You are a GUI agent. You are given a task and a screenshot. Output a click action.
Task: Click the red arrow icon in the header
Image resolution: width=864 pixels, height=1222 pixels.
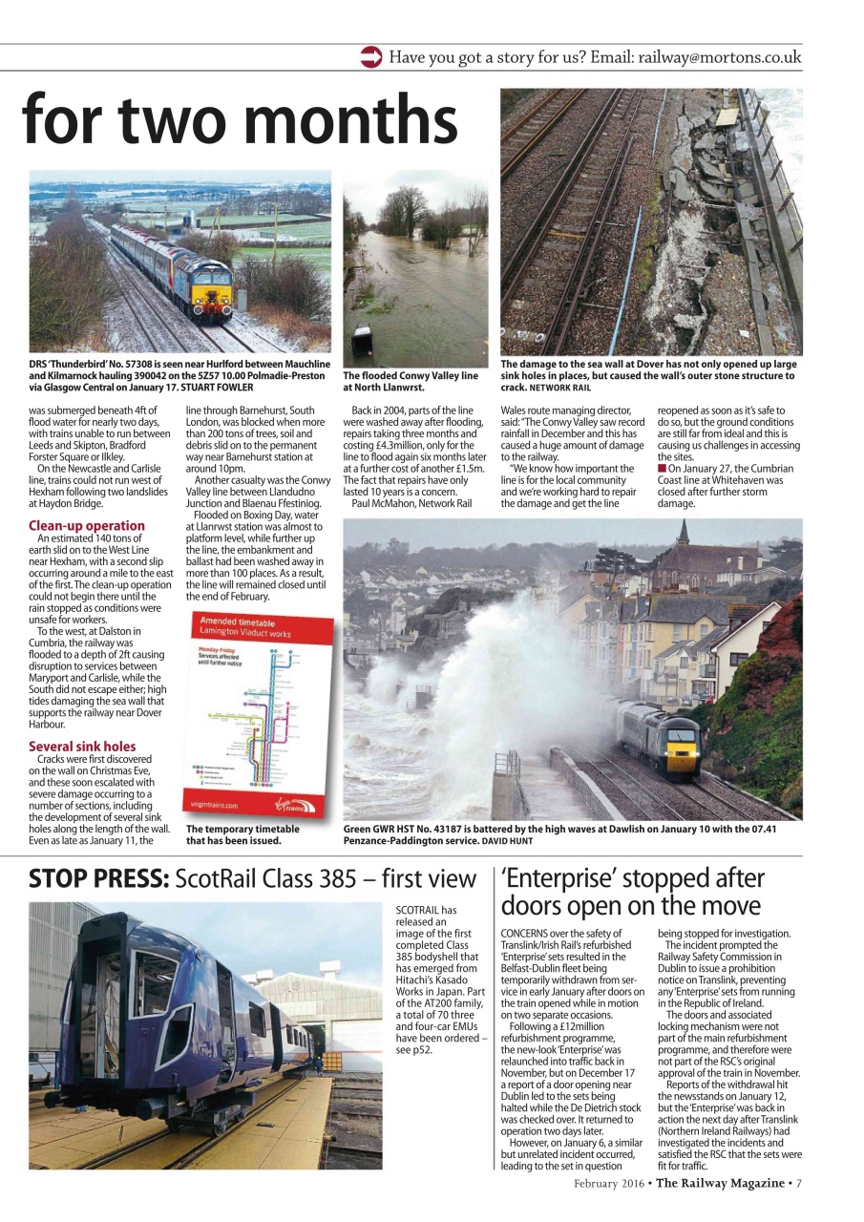(x=371, y=57)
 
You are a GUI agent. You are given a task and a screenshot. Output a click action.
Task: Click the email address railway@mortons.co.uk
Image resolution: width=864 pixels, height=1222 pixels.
(x=719, y=57)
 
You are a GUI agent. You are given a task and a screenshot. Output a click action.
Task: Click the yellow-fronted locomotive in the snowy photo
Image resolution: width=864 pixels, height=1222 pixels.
(x=212, y=284)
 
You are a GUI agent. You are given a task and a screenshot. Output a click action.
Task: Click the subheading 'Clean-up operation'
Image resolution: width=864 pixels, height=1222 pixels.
(x=87, y=525)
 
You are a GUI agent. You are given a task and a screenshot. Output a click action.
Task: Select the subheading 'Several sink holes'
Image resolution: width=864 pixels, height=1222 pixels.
(x=82, y=746)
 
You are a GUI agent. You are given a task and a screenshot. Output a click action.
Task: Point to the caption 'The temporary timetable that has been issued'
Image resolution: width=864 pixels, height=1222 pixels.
(x=242, y=834)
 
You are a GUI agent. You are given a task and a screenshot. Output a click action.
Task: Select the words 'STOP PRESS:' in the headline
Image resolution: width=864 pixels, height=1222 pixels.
(x=98, y=878)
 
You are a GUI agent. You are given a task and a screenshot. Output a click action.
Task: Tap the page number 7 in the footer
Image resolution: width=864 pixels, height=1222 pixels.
(x=798, y=1184)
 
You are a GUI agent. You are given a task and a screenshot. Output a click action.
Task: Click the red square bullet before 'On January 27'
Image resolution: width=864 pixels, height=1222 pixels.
(x=662, y=468)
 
